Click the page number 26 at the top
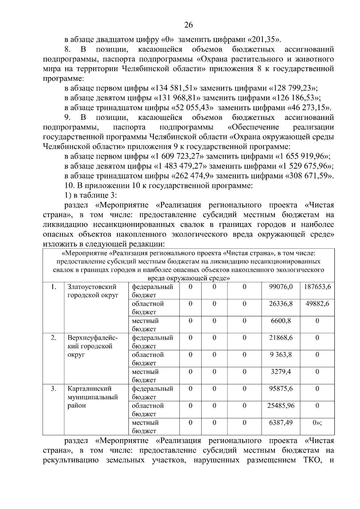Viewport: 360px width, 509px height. (x=188, y=25)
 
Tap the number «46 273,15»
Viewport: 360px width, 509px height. (x=309, y=108)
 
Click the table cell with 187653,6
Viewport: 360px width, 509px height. (x=317, y=287)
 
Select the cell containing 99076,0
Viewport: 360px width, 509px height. (x=281, y=287)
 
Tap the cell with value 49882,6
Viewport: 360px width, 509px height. (x=317, y=304)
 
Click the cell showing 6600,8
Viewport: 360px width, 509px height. (x=281, y=321)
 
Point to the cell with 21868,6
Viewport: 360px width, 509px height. (x=281, y=338)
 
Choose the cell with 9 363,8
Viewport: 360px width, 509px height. (x=281, y=355)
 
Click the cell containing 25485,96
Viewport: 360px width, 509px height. (x=281, y=406)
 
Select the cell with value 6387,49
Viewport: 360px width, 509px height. (x=281, y=423)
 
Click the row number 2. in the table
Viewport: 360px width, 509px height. (x=53, y=338)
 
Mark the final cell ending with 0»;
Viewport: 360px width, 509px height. (x=317, y=423)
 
